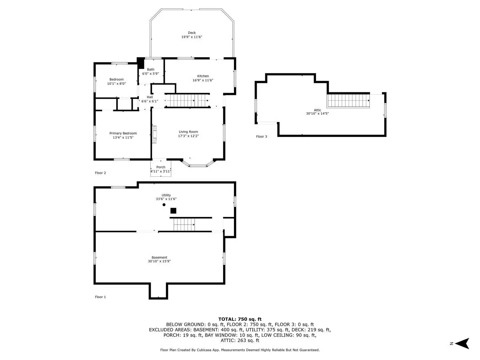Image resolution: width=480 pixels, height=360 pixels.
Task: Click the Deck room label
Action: [192, 33]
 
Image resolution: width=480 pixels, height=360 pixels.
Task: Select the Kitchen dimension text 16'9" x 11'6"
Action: [203, 80]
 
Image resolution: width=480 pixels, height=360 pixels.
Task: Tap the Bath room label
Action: [151, 69]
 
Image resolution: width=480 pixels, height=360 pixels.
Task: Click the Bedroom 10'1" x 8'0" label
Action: [116, 82]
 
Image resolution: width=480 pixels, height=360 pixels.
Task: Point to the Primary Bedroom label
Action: [123, 133]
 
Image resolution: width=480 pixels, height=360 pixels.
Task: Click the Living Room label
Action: [188, 132]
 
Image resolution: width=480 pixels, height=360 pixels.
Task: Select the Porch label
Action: [161, 167]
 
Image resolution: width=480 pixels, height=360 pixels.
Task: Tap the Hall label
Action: [150, 97]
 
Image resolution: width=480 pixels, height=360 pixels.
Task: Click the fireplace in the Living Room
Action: [154, 134]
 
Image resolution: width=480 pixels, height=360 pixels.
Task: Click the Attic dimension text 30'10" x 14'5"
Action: [317, 114]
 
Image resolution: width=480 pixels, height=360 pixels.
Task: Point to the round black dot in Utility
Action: [164, 205]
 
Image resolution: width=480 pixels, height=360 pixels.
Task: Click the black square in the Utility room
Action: [173, 211]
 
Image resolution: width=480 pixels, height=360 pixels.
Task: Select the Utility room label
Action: [166, 195]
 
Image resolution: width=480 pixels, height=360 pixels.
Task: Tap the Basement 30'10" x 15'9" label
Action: [159, 259]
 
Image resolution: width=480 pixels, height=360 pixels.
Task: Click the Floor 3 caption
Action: [261, 137]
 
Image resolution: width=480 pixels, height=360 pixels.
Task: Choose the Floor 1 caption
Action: [100, 297]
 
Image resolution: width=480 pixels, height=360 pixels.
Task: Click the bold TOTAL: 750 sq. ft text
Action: [240, 319]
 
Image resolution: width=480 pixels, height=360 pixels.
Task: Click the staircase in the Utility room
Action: [184, 225]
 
